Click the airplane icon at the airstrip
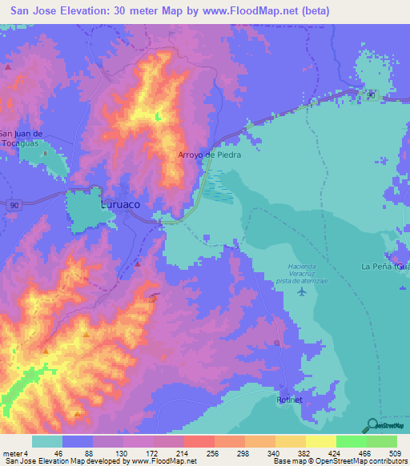tap(301, 291)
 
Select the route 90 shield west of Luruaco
tap(15, 205)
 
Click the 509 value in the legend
tap(396, 453)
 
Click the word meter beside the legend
tap(13, 453)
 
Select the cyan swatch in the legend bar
tap(46, 441)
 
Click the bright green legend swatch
tap(351, 441)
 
